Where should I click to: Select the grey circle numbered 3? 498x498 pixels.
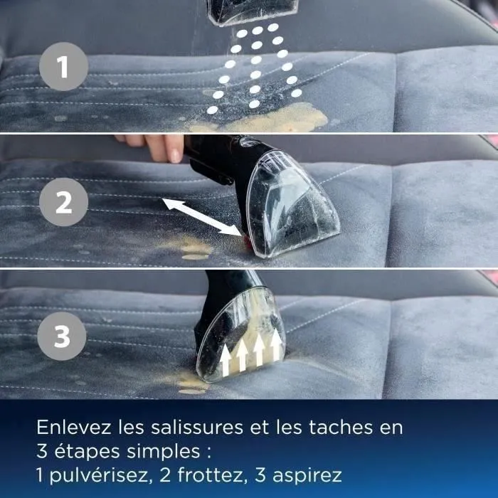tap(63, 336)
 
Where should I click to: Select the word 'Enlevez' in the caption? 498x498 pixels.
tap(69, 428)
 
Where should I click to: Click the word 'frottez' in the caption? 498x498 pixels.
tap(199, 475)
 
